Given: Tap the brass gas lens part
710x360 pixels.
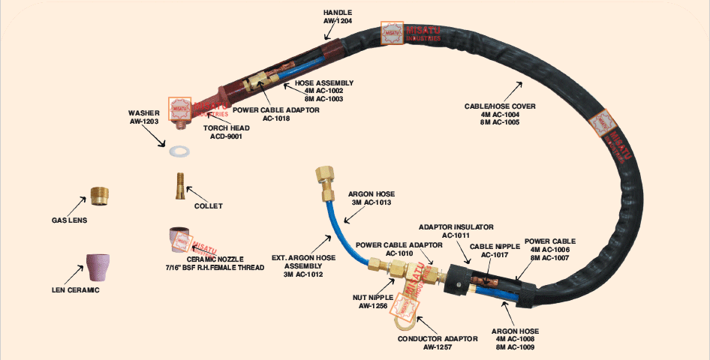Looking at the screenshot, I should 99,196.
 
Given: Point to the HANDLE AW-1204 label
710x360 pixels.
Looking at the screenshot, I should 338,17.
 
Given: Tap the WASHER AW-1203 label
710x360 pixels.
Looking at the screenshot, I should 144,117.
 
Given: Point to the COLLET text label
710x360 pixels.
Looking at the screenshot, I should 208,205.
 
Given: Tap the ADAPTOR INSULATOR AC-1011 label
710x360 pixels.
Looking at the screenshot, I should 456,230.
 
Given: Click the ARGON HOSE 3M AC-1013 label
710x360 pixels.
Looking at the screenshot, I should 370,198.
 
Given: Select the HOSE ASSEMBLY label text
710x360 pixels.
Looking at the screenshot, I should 324,91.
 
